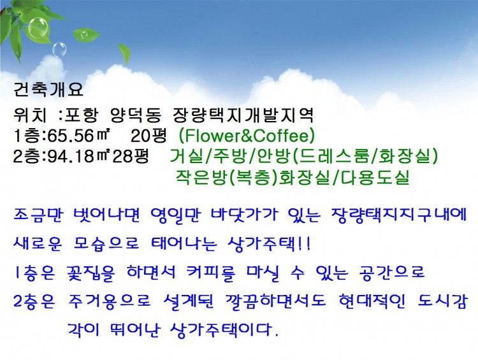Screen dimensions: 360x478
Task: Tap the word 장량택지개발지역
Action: (242, 116)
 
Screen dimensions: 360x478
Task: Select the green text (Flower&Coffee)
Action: (247, 136)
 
